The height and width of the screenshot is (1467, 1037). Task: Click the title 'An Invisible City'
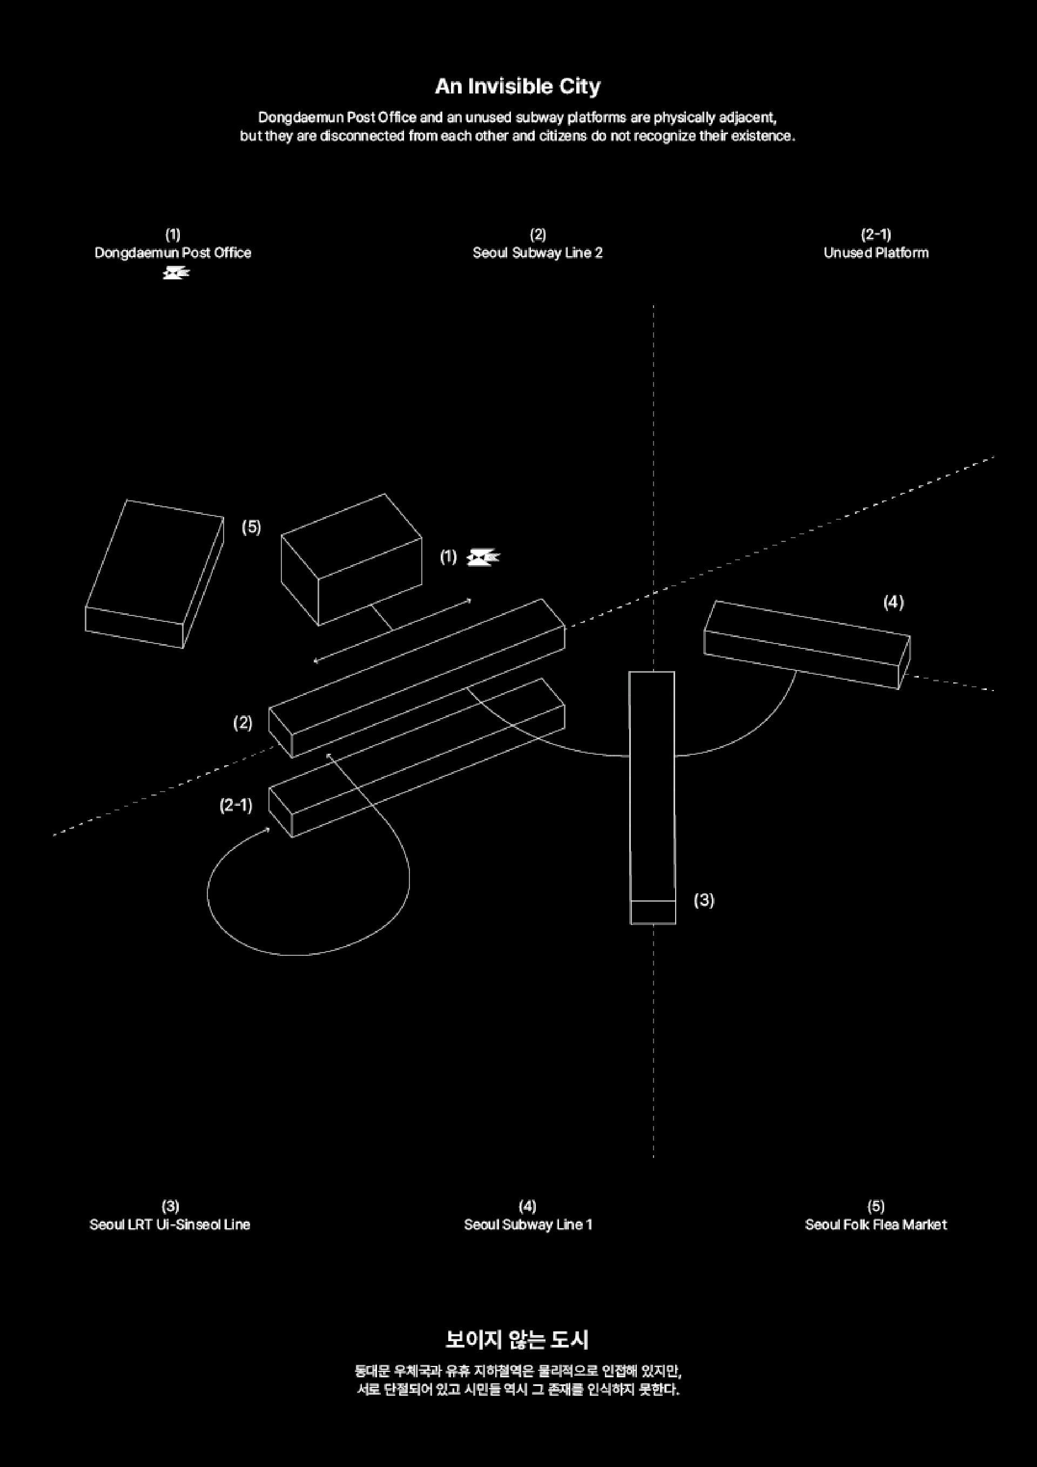point(517,86)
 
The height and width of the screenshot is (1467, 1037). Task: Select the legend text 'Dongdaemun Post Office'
point(172,253)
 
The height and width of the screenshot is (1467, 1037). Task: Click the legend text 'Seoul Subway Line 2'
point(537,253)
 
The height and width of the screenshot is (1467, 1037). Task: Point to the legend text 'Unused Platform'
point(876,253)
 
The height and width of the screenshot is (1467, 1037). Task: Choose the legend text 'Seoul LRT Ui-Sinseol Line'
point(170,1224)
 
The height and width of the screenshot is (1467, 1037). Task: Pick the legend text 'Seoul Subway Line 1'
point(528,1224)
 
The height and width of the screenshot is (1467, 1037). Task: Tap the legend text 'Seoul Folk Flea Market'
point(876,1224)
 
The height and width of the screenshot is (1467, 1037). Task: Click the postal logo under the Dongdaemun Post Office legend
point(176,273)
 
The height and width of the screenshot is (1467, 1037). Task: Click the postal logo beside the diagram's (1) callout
point(483,558)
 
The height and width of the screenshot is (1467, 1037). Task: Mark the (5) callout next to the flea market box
point(251,527)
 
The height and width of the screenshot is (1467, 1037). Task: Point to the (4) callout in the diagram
point(893,602)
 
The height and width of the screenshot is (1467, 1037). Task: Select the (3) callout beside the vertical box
point(704,900)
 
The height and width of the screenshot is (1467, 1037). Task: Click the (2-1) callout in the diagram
point(235,805)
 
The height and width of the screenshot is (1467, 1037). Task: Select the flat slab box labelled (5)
point(155,572)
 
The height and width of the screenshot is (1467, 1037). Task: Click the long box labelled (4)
point(807,644)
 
